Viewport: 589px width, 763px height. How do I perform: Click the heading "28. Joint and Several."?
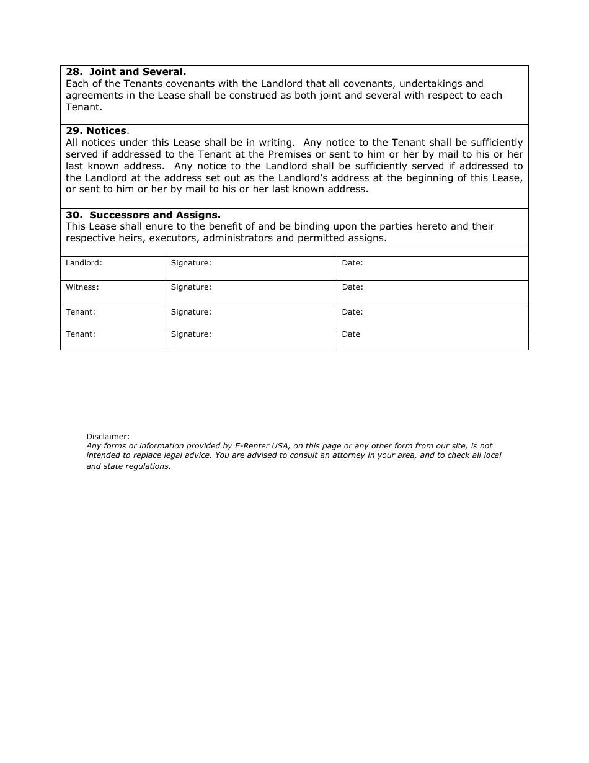point(126,72)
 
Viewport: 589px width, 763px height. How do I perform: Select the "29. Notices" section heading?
point(96,131)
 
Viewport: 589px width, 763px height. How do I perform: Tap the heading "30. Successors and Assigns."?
point(143,215)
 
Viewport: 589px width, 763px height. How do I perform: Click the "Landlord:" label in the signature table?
point(84,263)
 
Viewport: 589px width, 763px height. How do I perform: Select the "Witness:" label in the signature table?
point(82,287)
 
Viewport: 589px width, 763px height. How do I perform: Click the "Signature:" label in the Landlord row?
point(191,263)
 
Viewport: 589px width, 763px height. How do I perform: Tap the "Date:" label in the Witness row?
point(352,287)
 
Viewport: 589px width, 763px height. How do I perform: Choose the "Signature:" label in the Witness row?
point(191,287)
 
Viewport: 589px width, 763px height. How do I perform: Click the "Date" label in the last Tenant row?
point(351,334)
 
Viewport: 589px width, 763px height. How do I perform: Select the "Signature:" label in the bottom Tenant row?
point(191,334)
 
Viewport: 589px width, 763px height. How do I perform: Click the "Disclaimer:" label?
point(108,437)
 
